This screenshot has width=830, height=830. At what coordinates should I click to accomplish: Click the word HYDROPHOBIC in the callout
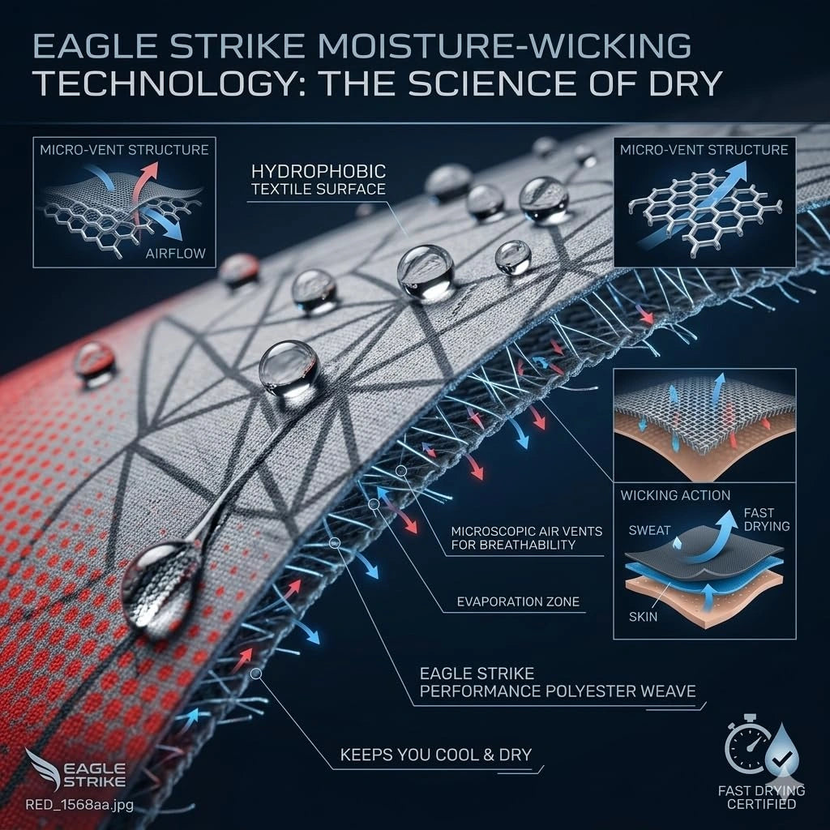pyautogui.click(x=318, y=172)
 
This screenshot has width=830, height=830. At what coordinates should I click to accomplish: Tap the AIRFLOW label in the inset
pyautogui.click(x=176, y=254)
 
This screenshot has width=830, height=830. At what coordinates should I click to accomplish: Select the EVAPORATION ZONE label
pyautogui.click(x=518, y=602)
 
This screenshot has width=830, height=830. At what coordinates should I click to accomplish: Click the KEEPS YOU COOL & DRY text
pyautogui.click(x=435, y=755)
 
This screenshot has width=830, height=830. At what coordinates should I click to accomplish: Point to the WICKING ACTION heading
pyautogui.click(x=675, y=495)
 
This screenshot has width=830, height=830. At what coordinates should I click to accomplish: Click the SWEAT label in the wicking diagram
pyautogui.click(x=649, y=530)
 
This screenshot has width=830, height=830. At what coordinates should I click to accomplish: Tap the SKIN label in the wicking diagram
pyautogui.click(x=643, y=617)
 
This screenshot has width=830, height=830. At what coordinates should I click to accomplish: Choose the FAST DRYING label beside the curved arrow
pyautogui.click(x=767, y=520)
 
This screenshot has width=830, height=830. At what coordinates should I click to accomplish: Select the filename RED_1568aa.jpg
pyautogui.click(x=79, y=805)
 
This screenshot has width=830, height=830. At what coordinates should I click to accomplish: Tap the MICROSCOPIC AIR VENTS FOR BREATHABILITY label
pyautogui.click(x=527, y=538)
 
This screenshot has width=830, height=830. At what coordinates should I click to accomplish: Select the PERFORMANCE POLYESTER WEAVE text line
pyautogui.click(x=558, y=691)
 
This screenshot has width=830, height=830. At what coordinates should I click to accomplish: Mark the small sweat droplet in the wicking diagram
pyautogui.click(x=677, y=542)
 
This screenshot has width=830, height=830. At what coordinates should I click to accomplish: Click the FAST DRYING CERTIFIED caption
pyautogui.click(x=761, y=798)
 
